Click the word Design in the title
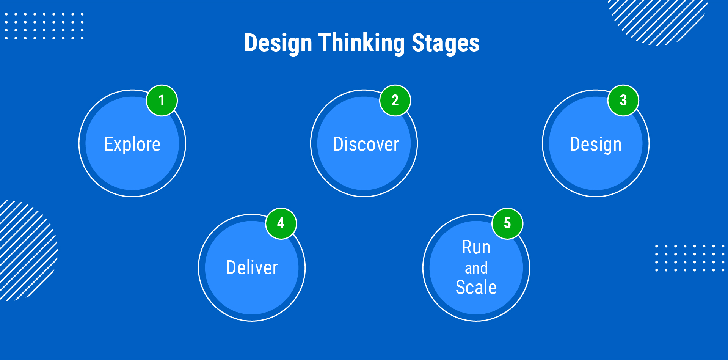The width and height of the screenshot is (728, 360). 278,43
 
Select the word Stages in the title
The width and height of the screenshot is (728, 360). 446,43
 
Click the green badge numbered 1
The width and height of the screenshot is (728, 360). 162,101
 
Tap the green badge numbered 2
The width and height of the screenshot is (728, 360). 395,101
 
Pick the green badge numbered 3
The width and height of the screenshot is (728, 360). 623,101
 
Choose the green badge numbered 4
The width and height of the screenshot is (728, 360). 281,223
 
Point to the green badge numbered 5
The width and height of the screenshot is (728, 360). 507,223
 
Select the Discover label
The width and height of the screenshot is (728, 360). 366,144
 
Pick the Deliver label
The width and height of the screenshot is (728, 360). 252,267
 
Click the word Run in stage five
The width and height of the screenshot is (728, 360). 476,247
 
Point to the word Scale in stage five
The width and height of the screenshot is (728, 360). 476,287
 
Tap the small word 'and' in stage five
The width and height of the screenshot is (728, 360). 476,268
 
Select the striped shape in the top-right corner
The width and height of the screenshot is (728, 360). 658,21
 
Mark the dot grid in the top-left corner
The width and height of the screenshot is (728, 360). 44,26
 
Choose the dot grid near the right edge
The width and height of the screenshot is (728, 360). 690,258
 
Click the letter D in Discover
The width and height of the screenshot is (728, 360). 338,144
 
